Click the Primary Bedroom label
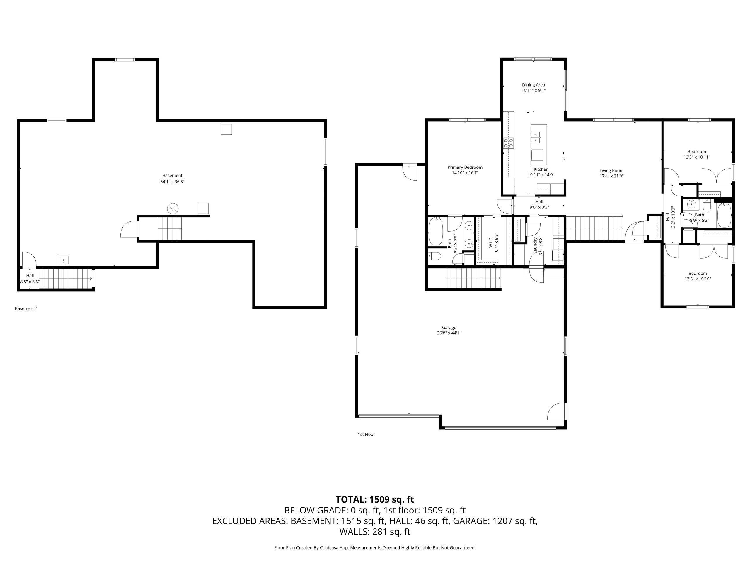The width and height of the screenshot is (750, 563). [465, 167]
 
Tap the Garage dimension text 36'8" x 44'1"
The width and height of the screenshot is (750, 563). [449, 333]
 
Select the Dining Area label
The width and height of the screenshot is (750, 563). [533, 85]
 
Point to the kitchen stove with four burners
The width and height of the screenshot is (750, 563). [508, 143]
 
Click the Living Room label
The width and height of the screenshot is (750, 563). [611, 171]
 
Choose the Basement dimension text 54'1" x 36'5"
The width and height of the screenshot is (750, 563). [172, 182]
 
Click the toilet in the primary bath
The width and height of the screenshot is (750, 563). [434, 256]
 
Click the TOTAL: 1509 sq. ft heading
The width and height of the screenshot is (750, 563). [375, 500]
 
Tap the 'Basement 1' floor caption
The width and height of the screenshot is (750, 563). [26, 308]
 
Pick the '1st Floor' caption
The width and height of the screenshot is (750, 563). [366, 434]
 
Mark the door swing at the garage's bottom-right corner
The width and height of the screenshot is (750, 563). [556, 411]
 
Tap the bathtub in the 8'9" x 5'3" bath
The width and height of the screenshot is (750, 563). [724, 215]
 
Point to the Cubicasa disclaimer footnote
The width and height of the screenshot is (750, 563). [375, 547]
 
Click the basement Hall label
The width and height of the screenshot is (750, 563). [30, 276]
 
